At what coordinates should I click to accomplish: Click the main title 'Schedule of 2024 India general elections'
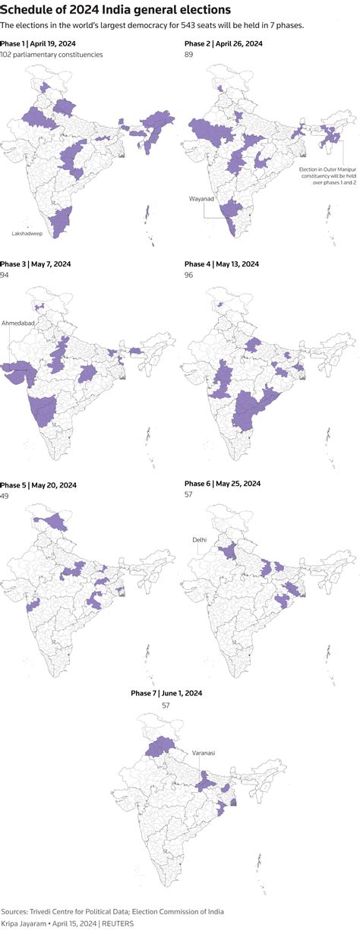tap(116, 10)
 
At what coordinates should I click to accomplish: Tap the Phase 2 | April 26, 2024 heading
tap(223, 44)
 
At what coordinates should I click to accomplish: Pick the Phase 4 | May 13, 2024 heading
tap(222, 264)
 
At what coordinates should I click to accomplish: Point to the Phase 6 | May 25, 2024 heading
tap(223, 484)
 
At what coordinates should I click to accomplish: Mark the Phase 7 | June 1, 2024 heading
tap(166, 693)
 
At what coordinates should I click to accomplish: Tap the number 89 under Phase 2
tap(189, 55)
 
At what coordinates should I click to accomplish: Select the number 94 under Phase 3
tap(5, 275)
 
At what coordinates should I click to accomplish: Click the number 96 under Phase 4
tap(189, 275)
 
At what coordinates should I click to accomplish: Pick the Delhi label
tap(200, 540)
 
